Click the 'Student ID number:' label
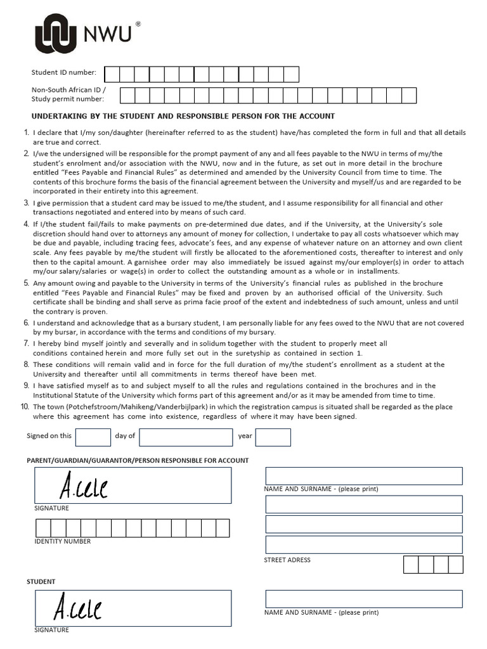click(64, 74)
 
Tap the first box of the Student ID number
click(112, 75)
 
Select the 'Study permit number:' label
click(68, 99)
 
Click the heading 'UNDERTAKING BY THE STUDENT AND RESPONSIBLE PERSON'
click(183, 117)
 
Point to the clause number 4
click(26, 224)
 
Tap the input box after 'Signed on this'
click(93, 437)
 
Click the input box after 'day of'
click(186, 437)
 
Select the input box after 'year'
click(273, 437)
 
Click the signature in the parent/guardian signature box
click(83, 487)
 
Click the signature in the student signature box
click(77, 608)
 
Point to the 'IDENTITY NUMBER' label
click(62, 541)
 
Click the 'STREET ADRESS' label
click(287, 560)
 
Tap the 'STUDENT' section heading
click(41, 581)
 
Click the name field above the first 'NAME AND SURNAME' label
click(363, 476)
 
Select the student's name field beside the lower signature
click(363, 599)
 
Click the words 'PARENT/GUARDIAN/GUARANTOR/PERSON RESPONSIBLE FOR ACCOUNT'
click(137, 460)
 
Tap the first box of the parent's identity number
click(43, 528)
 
